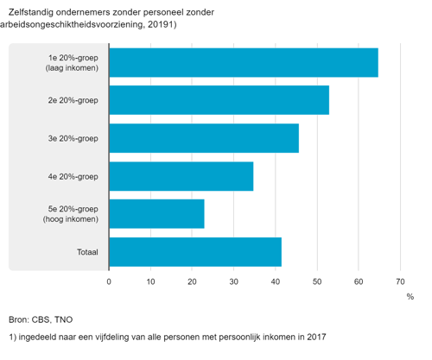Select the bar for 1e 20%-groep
pos(244,63)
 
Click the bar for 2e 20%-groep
pos(219,100)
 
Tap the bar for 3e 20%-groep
pos(204,138)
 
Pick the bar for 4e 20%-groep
pos(181,176)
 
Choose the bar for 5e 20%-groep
pos(157,214)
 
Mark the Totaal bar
pos(195,252)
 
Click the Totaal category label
pos(87,252)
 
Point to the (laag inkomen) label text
pos(72,68)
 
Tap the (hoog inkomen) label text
pos(71,219)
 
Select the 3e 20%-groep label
pos(73,138)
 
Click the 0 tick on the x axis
pos(109,281)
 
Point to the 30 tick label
pos(234,281)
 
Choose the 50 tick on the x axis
pos(317,281)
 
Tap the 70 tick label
pos(400,281)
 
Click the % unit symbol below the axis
pos(410,297)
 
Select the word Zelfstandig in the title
pos(31,12)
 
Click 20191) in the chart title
pos(162,24)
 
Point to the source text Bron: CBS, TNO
pos(41,319)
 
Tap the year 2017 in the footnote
pos(316,337)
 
